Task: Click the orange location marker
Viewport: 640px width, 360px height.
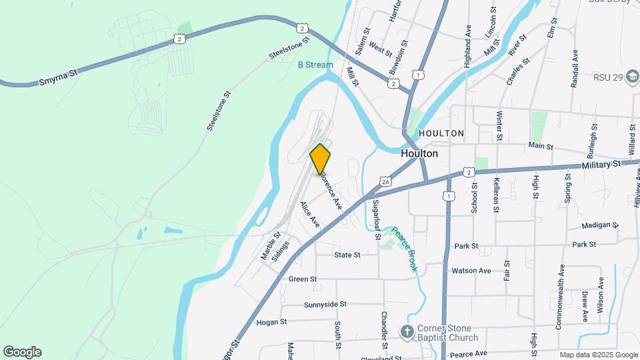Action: tap(321, 159)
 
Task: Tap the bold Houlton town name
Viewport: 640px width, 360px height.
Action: tap(419, 153)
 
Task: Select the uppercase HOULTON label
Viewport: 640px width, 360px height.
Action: tap(441, 133)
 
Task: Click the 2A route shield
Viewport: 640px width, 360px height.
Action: tap(385, 181)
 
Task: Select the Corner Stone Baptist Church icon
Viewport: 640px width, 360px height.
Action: tap(407, 331)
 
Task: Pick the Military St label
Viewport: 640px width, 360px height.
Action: tap(601, 164)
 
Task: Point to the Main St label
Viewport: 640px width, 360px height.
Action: tap(541, 145)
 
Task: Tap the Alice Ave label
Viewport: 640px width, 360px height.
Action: tap(309, 214)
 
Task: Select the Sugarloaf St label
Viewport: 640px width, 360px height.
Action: tap(377, 219)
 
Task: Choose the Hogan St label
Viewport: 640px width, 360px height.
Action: tap(271, 321)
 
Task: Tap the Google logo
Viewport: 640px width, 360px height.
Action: tap(22, 352)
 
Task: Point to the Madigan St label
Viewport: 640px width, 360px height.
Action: tap(600, 225)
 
